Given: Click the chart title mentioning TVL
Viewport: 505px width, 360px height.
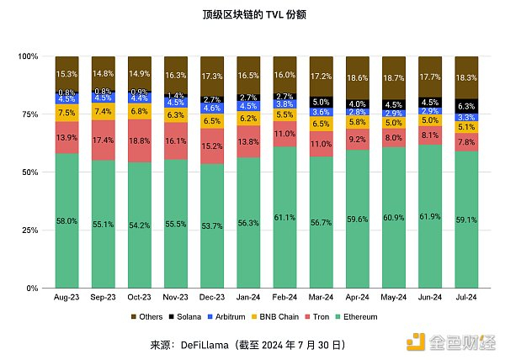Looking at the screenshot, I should tap(252, 15).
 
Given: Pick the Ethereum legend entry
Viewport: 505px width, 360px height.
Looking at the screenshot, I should tap(358, 317).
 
